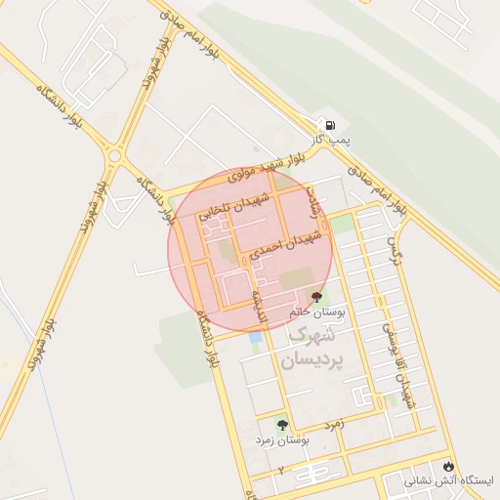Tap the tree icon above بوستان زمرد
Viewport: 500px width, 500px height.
(282, 426)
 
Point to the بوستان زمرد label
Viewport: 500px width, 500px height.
(282, 441)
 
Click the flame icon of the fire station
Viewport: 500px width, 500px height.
(449, 466)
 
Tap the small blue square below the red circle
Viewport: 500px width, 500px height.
(256, 337)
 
